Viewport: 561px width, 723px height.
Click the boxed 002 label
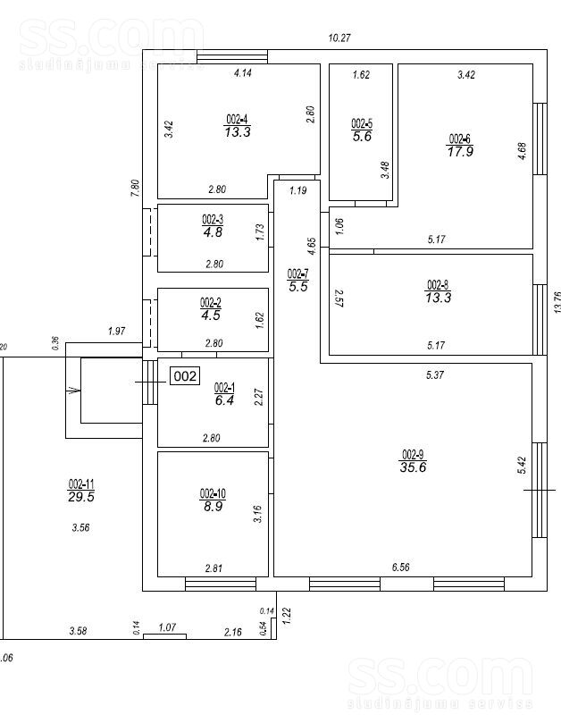pos(185,376)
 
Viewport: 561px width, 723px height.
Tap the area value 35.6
pos(413,467)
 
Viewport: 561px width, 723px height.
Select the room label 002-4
pos(237,119)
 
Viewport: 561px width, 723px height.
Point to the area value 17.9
pos(459,151)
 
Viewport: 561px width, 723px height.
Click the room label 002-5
pos(361,123)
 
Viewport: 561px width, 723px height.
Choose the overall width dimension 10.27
pos(339,38)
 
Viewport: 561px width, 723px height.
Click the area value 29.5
pos(81,498)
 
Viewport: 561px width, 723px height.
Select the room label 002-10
pos(213,493)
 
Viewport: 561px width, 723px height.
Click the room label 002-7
pos(297,273)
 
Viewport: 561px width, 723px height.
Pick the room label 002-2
pos(211,301)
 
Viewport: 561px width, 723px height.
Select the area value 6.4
pos(224,401)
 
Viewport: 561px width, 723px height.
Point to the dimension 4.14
pos(242,73)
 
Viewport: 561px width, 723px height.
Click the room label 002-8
pos(438,286)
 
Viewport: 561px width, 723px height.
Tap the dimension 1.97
pos(116,332)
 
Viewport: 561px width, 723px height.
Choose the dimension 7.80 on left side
pos(135,188)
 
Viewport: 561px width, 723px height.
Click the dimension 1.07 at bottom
pos(167,628)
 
